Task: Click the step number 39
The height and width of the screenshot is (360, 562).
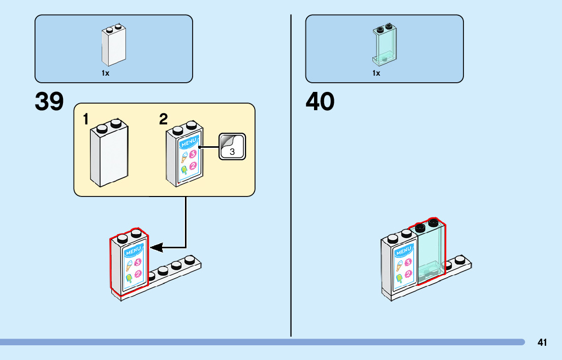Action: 49,102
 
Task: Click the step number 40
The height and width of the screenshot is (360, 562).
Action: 320,102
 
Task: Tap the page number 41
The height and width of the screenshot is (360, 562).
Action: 542,342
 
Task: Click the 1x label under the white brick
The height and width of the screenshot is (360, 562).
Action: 105,73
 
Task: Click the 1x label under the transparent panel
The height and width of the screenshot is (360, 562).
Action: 376,73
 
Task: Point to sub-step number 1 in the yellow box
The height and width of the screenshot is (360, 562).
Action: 86,120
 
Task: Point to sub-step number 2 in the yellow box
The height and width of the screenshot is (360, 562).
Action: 163,120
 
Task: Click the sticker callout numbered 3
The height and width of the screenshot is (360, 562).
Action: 232,147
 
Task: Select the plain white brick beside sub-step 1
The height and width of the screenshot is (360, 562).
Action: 109,155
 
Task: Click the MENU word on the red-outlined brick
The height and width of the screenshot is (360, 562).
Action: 133,251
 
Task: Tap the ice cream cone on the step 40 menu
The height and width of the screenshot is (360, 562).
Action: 399,264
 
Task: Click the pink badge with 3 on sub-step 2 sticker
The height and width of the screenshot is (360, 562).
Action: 193,155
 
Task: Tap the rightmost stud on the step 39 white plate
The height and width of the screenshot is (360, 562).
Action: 190,259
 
